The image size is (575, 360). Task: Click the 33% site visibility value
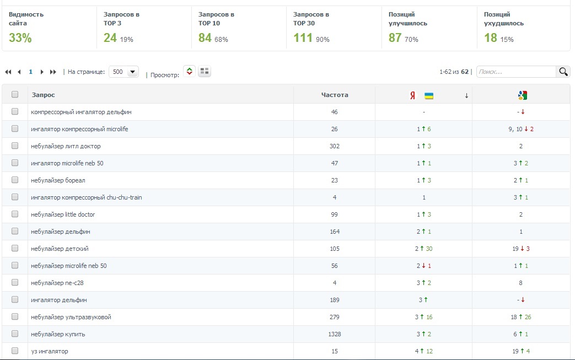pyautogui.click(x=20, y=37)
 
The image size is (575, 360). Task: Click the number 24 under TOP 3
pyautogui.click(x=110, y=37)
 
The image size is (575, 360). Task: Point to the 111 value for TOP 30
pyautogui.click(x=303, y=37)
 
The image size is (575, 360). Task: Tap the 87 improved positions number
pyautogui.click(x=395, y=37)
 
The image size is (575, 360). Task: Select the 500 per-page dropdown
pyautogui.click(x=123, y=72)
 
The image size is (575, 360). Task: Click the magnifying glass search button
pyautogui.click(x=563, y=72)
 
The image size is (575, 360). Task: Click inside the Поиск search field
pyautogui.click(x=517, y=72)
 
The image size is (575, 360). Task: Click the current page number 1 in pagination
pyautogui.click(x=30, y=72)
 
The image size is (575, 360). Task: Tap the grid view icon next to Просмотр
pyautogui.click(x=205, y=71)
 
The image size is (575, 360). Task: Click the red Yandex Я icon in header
pyautogui.click(x=412, y=96)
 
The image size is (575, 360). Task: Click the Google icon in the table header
pyautogui.click(x=522, y=95)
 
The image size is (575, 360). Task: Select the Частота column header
pyautogui.click(x=335, y=95)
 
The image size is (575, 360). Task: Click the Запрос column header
pyautogui.click(x=43, y=95)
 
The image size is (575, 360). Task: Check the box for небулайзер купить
pyautogui.click(x=15, y=334)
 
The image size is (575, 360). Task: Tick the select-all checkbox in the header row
pyautogui.click(x=15, y=94)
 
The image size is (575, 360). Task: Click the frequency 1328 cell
pyautogui.click(x=335, y=334)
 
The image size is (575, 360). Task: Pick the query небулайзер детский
pyautogui.click(x=60, y=249)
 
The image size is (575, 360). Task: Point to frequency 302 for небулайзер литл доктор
pyautogui.click(x=335, y=146)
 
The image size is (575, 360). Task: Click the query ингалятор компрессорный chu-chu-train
pyautogui.click(x=86, y=197)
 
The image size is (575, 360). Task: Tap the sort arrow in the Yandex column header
pyautogui.click(x=466, y=96)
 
